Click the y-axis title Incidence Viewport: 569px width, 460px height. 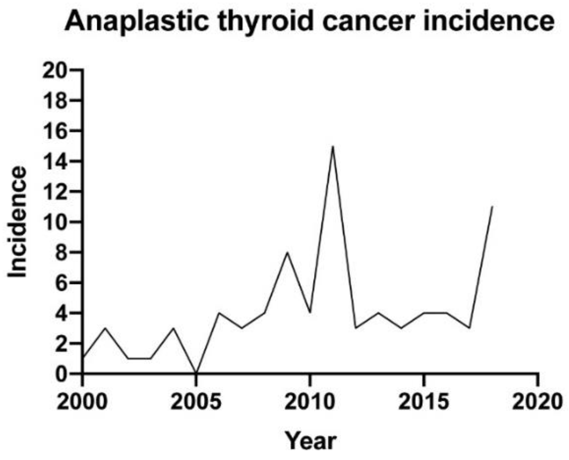[x=17, y=222]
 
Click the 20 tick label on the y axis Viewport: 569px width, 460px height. [x=54, y=70]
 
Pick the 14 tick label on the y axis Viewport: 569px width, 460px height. [x=54, y=161]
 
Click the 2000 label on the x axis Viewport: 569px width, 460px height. [x=82, y=402]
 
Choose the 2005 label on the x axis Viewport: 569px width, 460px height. [x=196, y=402]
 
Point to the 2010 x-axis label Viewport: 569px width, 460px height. [x=310, y=402]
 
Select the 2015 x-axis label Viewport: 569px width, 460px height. [x=424, y=402]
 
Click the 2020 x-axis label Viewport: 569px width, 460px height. [x=538, y=402]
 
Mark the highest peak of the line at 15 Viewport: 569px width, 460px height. [x=333, y=146]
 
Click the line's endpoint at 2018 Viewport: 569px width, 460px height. [x=492, y=206]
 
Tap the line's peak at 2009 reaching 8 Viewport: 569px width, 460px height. [x=287, y=252]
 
